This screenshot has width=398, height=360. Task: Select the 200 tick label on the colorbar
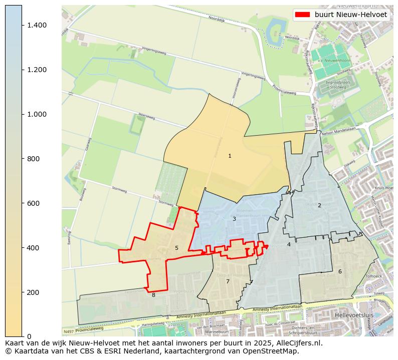click(33, 292)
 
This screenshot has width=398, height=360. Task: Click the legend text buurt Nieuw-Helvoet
click(350, 15)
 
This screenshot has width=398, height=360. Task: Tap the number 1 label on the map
click(230, 156)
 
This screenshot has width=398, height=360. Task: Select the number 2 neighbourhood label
click(319, 205)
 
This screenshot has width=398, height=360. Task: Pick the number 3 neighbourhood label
click(234, 219)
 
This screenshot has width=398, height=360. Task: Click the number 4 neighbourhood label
click(289, 244)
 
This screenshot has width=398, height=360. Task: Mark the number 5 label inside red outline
click(176, 248)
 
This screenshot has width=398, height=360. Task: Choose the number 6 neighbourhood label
click(340, 271)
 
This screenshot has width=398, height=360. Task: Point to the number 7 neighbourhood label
click(228, 281)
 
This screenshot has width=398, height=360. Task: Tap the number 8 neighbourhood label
click(153, 295)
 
